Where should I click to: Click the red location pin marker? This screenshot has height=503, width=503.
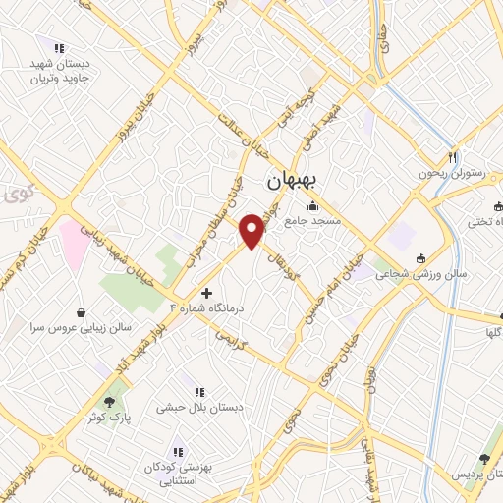253,229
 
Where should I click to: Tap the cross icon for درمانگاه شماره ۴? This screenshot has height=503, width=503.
206,293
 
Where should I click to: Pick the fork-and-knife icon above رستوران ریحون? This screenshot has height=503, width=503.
453,157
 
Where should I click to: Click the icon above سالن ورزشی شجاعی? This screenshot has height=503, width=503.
421,258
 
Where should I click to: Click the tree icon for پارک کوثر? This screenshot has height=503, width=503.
110,401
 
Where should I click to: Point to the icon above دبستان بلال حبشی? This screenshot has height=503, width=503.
200,391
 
